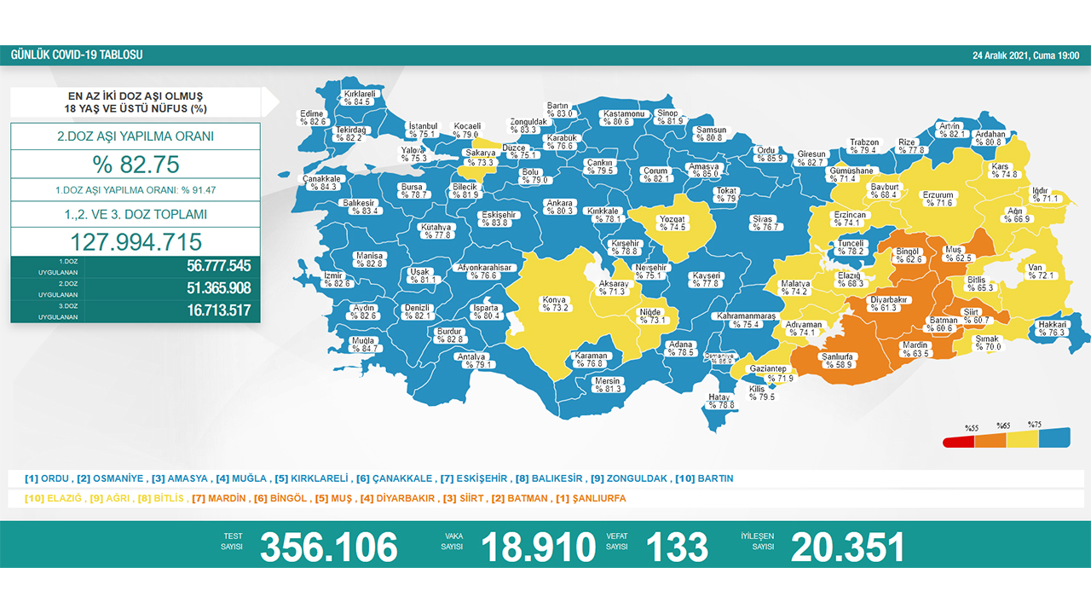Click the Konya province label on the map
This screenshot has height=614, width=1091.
553,304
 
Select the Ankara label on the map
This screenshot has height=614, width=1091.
559,207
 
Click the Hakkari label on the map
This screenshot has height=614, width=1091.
1052,328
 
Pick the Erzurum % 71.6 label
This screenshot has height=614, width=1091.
938,199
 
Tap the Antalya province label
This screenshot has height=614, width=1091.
470,361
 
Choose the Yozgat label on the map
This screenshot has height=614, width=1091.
672,223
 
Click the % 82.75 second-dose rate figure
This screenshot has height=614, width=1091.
136,165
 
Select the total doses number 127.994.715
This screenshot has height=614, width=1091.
136,241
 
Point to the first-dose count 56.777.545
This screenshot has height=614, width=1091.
218,265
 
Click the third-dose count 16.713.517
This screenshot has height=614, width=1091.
218,310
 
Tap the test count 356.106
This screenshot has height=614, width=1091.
328,547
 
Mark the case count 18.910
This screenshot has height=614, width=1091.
538,547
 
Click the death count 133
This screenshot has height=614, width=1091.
678,547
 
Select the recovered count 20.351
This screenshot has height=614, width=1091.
847,547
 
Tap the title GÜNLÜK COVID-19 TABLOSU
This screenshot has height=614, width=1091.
77,55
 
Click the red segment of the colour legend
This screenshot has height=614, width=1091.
958,442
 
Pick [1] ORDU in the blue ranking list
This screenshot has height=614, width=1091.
47,478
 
